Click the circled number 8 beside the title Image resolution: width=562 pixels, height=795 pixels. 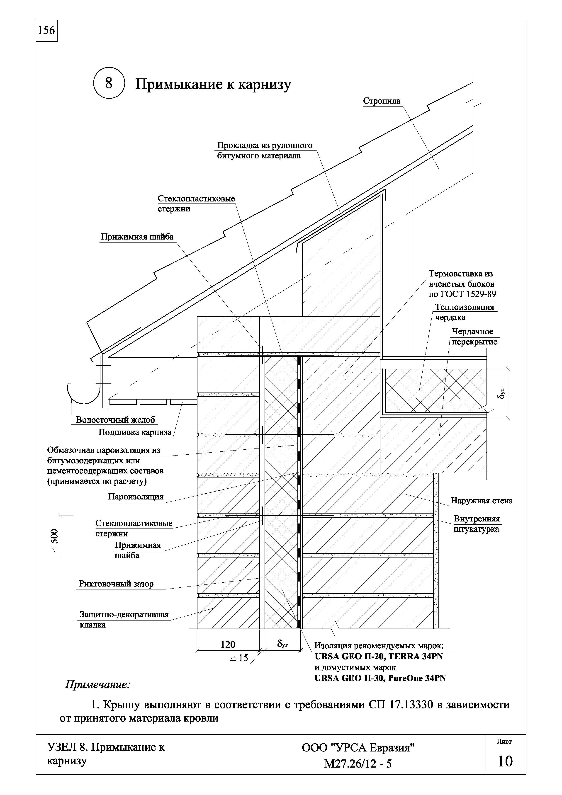(109, 83)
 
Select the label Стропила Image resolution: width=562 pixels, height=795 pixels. (382, 101)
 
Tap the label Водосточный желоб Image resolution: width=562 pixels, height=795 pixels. (115, 420)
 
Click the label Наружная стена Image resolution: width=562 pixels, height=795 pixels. (481, 501)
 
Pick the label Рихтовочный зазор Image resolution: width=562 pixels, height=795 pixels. (116, 584)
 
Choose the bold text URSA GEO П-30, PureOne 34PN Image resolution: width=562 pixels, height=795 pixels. (380, 678)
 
